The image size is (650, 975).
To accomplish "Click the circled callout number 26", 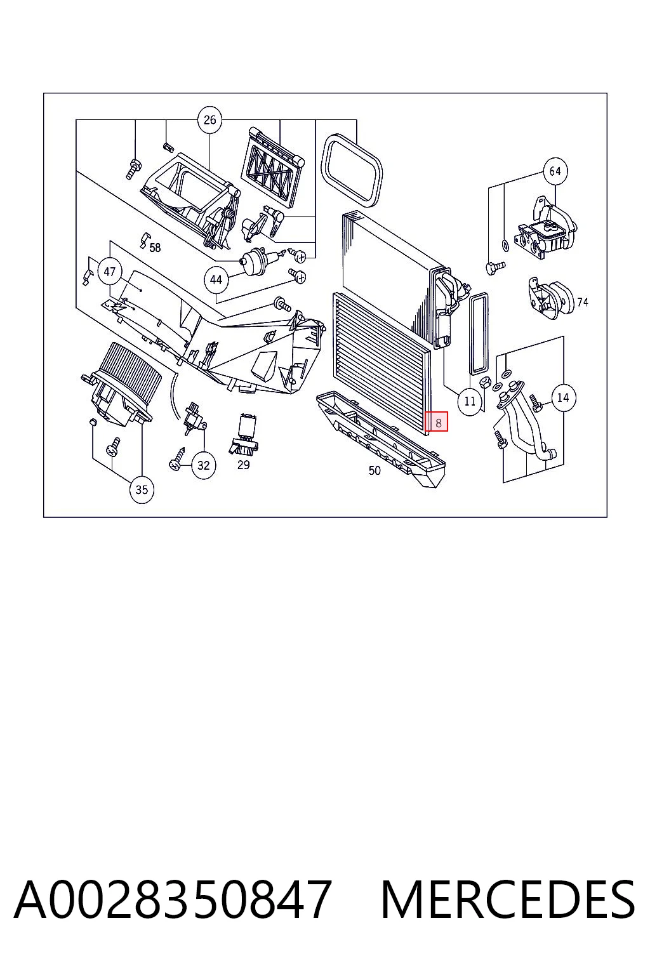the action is [x=209, y=120].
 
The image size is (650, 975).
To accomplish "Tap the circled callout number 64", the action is [x=555, y=171].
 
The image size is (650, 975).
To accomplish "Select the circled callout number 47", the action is [x=109, y=272].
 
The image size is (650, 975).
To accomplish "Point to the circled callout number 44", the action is [x=216, y=280].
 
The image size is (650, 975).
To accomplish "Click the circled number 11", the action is [x=470, y=401].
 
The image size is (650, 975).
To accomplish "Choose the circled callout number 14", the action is [x=563, y=397].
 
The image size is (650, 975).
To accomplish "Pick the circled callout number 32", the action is [x=203, y=466].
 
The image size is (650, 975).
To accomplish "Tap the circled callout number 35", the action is [x=142, y=490].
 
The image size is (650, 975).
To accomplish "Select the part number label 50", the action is [x=375, y=470].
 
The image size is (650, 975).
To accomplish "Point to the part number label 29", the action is [x=243, y=465].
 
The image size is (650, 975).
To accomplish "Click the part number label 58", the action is [x=155, y=248].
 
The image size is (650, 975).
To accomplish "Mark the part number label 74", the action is [x=583, y=302].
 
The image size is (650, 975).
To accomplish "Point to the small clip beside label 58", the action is [x=144, y=240].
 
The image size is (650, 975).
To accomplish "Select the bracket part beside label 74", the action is [x=551, y=297].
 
